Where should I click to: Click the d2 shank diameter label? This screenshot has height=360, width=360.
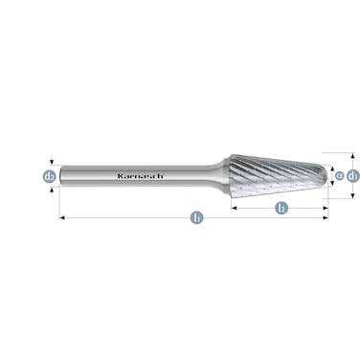coord(49,177)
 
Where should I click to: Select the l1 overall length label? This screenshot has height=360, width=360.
coord(195,218)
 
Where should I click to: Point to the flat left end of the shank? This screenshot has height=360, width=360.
coord(60,177)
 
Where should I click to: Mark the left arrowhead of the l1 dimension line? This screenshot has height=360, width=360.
coord(62,218)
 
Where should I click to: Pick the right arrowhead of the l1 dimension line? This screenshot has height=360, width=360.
coord(326,218)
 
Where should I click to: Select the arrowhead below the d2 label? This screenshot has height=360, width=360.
coord(49,190)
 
